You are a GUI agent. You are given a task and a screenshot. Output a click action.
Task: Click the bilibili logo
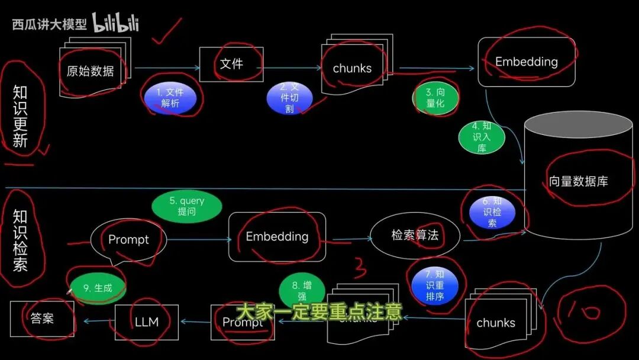(x=115, y=24)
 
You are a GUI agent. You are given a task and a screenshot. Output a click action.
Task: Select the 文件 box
(x=231, y=64)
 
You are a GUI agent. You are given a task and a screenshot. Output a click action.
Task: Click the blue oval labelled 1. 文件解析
(x=171, y=98)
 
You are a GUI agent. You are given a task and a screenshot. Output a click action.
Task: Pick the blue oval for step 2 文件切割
(x=289, y=98)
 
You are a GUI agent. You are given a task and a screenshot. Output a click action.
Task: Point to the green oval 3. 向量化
(x=435, y=98)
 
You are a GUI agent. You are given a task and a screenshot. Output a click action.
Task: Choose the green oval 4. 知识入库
(x=482, y=137)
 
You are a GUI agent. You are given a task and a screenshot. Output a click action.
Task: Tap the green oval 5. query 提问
(x=187, y=206)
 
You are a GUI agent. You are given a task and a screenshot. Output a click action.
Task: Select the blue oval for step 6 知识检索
(x=492, y=212)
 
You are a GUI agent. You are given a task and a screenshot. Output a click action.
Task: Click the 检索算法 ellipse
(x=415, y=235)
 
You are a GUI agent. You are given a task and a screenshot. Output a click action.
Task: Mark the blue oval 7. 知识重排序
(x=435, y=284)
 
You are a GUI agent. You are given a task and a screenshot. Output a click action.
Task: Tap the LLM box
(x=147, y=322)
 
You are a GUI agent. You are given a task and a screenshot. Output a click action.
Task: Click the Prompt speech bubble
(x=128, y=240)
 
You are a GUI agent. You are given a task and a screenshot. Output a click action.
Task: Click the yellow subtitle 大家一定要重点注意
(x=318, y=312)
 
